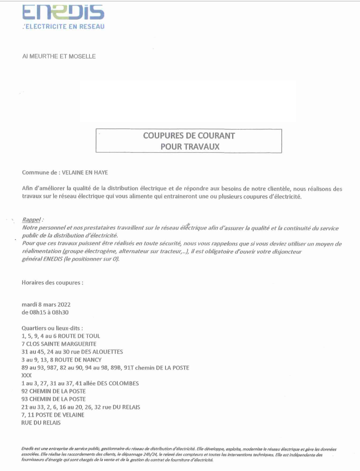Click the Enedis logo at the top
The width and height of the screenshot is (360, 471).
(63, 13)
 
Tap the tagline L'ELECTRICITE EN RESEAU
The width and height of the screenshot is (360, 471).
(63, 26)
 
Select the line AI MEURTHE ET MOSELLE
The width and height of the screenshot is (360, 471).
(59, 56)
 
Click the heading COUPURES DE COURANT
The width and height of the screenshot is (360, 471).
(189, 135)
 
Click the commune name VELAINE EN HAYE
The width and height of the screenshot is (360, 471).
(89, 173)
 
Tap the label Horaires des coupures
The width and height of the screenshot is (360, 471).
(52, 283)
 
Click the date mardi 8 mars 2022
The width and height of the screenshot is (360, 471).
(47, 305)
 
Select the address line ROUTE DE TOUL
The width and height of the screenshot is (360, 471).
(61, 336)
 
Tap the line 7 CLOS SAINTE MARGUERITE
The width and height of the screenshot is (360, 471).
(59, 344)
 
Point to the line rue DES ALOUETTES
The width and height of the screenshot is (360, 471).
(72, 352)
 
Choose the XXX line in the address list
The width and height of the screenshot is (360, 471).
(27, 375)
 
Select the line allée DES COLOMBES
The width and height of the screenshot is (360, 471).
(80, 383)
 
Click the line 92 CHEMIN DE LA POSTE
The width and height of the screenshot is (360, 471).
(54, 391)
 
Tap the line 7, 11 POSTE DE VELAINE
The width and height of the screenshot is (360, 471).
(53, 415)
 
